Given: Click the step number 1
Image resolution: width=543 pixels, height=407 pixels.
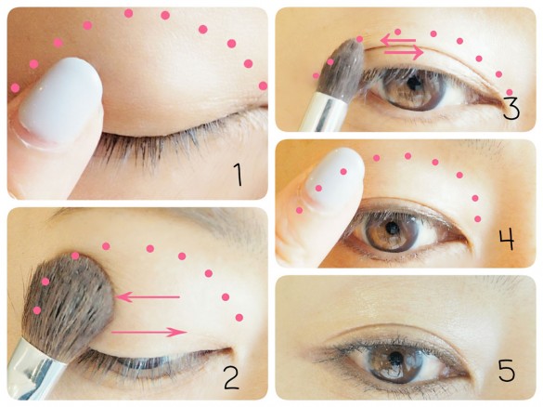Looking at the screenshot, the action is (238, 175).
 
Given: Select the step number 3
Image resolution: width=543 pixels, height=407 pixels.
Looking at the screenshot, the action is (511, 108).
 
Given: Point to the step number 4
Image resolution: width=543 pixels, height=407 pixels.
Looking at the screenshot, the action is (507, 239).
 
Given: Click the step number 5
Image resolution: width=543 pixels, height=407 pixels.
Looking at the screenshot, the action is (506, 371).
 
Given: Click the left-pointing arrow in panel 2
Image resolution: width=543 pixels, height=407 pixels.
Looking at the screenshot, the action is (148, 297).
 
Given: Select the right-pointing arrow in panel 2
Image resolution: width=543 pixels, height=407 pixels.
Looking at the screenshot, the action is (149, 332).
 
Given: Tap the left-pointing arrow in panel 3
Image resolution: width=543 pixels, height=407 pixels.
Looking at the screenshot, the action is (398, 40).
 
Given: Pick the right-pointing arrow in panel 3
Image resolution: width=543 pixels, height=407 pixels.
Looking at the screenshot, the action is (404, 52).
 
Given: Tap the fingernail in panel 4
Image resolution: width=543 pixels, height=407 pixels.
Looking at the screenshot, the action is (334, 177).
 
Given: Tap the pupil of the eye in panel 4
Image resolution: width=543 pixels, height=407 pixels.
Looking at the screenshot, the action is (392, 228).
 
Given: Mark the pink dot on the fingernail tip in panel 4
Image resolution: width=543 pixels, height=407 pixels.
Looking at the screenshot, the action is (343, 172).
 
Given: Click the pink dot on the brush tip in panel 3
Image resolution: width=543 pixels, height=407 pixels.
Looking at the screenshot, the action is (359, 39).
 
